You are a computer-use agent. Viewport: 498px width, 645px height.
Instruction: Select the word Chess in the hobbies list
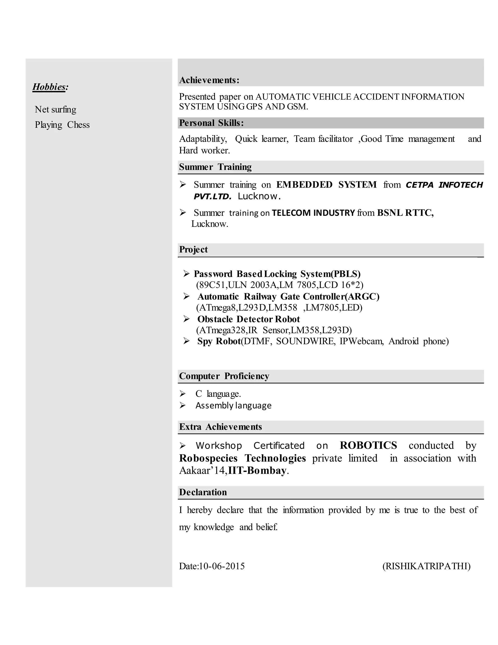pos(78,125)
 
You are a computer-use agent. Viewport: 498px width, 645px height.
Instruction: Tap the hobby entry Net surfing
pos(55,110)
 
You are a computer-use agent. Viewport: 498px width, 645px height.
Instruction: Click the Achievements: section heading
pos(209,80)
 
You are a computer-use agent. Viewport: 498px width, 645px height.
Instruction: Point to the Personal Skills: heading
pos(211,123)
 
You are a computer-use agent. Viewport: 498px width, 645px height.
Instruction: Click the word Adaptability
pos(203,139)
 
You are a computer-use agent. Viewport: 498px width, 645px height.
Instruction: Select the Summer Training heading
pos(215,167)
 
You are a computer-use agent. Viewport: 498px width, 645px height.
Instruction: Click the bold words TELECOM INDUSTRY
pos(313,213)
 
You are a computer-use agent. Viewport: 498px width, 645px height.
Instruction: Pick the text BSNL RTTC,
pos(405,213)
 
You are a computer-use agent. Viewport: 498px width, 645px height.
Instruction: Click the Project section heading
pos(193,249)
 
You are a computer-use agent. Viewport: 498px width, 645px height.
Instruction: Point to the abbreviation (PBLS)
pos(346,274)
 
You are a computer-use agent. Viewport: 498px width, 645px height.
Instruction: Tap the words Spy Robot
pos(219,341)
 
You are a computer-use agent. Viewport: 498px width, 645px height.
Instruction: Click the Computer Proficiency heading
pos(224,376)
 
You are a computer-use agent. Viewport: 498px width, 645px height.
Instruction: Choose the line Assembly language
pos(233,405)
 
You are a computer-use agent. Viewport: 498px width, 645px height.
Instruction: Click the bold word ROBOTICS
pos(368,445)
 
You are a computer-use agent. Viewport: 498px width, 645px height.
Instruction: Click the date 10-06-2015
pos(222,566)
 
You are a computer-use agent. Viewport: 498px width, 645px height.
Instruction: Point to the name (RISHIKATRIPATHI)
pos(426,566)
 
